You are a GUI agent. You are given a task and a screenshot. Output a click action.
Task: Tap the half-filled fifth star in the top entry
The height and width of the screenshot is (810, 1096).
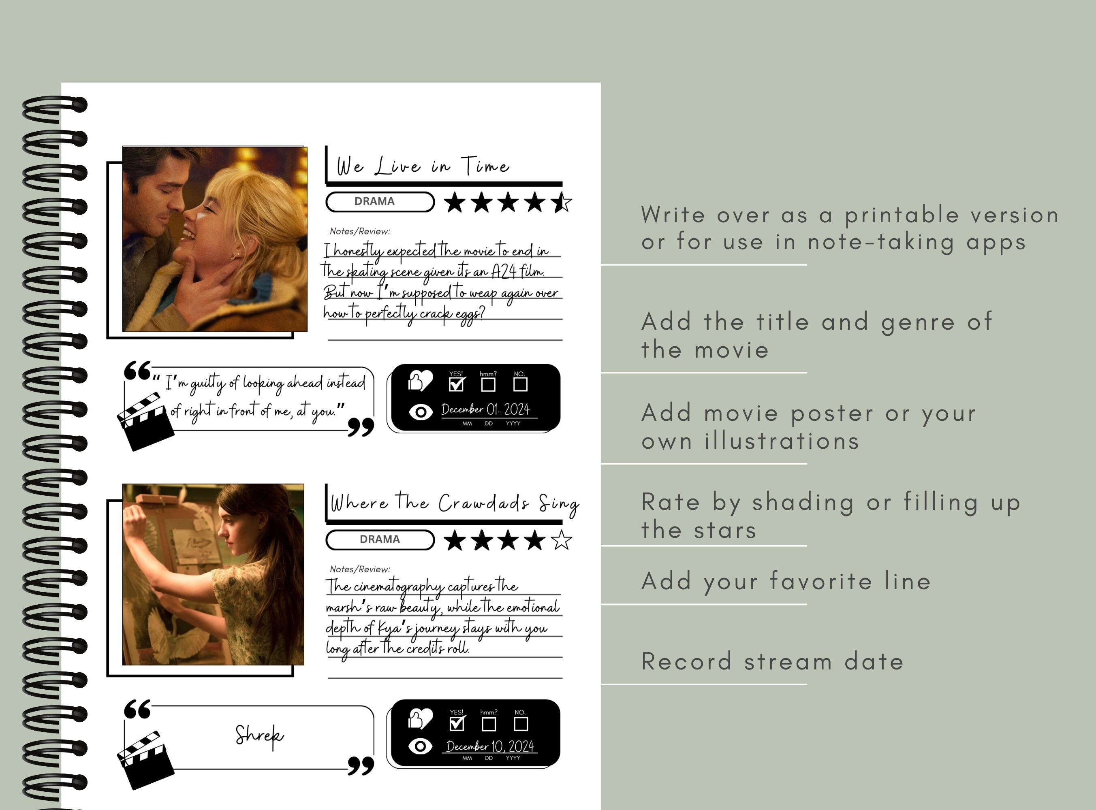pyautogui.click(x=561, y=202)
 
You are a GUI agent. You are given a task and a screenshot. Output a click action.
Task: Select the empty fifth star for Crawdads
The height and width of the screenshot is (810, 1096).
pyautogui.click(x=561, y=540)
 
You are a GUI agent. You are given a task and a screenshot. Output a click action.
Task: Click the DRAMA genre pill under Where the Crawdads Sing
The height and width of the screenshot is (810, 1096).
pyautogui.click(x=380, y=539)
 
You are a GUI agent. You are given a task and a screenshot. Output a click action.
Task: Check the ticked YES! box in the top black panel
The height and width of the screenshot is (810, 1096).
pyautogui.click(x=456, y=384)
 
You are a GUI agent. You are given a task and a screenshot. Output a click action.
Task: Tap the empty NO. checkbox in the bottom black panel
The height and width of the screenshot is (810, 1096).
pyautogui.click(x=520, y=724)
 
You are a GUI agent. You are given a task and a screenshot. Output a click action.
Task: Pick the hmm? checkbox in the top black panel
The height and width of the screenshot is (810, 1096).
pyautogui.click(x=488, y=384)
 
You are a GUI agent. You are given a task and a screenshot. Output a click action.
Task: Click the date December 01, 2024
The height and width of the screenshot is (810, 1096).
pyautogui.click(x=485, y=409)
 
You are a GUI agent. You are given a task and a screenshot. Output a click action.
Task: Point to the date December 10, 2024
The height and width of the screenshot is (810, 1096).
pyautogui.click(x=489, y=746)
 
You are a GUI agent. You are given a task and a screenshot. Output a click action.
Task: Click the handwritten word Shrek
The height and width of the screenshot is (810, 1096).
pyautogui.click(x=259, y=735)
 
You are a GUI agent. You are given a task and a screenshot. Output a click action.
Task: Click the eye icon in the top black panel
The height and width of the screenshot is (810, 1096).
pyautogui.click(x=421, y=412)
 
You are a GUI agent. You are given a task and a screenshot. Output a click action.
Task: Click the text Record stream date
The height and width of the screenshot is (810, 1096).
pyautogui.click(x=772, y=662)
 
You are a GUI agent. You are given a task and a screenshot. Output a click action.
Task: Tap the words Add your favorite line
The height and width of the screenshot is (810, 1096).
pyautogui.click(x=786, y=582)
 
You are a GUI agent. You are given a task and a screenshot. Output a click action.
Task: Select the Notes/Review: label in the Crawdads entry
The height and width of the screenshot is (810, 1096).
pyautogui.click(x=360, y=569)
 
